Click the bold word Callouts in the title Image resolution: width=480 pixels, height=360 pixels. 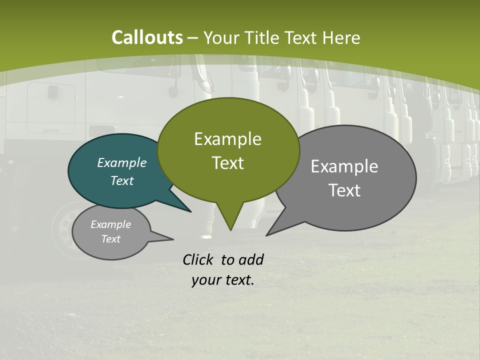pos(147,37)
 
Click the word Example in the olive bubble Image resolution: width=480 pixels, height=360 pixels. pos(227,139)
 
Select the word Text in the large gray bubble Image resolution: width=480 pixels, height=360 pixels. pos(344,190)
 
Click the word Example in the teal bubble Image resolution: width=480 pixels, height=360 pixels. pos(121,162)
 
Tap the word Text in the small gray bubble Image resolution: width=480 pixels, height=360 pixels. pos(110,239)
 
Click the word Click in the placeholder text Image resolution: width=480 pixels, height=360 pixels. pos(199,259)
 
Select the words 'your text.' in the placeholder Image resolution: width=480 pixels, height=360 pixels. pos(222,280)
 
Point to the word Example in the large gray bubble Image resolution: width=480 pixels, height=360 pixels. pos(344,166)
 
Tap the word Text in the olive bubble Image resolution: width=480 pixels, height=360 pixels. pos(227,163)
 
